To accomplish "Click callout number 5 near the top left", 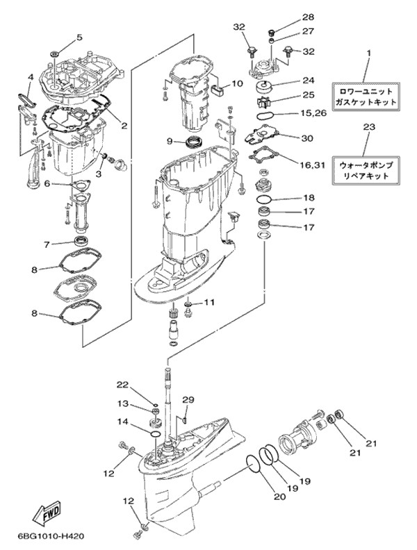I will pyautogui.click(x=79, y=37).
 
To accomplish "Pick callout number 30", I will pyautogui.click(x=308, y=137).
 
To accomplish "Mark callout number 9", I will pyautogui.click(x=169, y=142).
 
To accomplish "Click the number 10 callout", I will pyautogui.click(x=236, y=84).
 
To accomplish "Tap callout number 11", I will pyautogui.click(x=209, y=302).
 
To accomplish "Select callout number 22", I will pyautogui.click(x=122, y=385).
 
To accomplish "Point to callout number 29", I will pyautogui.click(x=188, y=399).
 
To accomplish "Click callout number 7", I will pyautogui.click(x=47, y=244).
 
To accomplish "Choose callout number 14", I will pyautogui.click(x=122, y=422).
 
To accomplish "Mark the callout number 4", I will pyautogui.click(x=31, y=76).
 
